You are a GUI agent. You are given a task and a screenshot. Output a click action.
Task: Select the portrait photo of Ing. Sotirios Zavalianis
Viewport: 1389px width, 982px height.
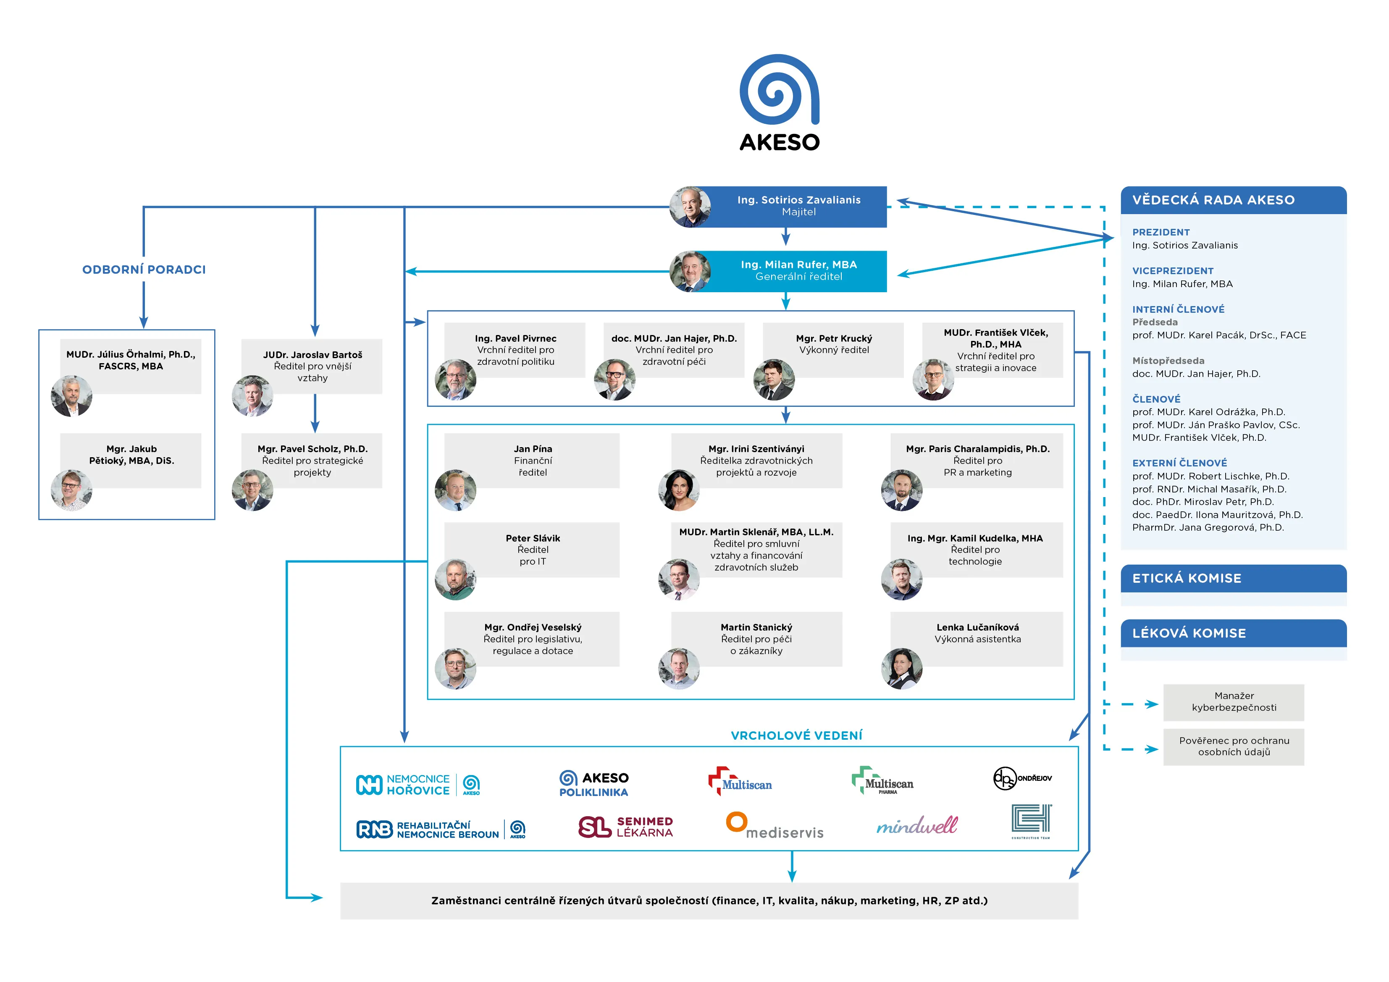pyautogui.click(x=690, y=207)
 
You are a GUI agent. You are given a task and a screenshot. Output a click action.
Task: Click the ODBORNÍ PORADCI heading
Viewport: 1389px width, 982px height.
pyautogui.click(x=144, y=270)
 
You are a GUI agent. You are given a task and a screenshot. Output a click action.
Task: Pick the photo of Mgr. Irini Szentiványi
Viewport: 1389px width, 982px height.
pyautogui.click(x=679, y=490)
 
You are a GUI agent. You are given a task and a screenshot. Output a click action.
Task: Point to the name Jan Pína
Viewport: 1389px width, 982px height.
pyautogui.click(x=533, y=449)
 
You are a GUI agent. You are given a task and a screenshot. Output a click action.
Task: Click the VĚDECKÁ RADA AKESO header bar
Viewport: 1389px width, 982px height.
pyautogui.click(x=1234, y=200)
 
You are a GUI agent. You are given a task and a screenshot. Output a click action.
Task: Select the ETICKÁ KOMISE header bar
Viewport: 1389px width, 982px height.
pyautogui.click(x=1234, y=578)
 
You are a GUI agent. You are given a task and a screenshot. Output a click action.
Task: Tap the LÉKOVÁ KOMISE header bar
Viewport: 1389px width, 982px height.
pyautogui.click(x=1234, y=633)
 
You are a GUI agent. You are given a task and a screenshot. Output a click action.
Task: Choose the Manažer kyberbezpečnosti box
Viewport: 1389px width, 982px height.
pyautogui.click(x=1234, y=702)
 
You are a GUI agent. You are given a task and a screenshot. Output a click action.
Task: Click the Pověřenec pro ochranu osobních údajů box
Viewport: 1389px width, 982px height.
pyautogui.click(x=1234, y=747)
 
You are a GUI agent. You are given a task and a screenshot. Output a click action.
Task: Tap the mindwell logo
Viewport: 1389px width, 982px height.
pyautogui.click(x=917, y=825)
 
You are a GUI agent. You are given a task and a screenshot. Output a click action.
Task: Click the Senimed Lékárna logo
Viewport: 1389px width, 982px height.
pyautogui.click(x=625, y=827)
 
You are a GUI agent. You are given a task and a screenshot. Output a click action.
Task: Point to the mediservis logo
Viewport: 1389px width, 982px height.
pyautogui.click(x=775, y=825)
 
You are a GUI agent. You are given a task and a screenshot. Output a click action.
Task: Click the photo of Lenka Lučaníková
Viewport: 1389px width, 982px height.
pyautogui.click(x=902, y=669)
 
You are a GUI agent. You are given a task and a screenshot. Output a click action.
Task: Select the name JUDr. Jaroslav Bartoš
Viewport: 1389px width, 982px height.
pyautogui.click(x=313, y=355)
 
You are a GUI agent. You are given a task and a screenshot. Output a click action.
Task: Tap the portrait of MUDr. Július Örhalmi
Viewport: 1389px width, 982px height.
pyautogui.click(x=72, y=396)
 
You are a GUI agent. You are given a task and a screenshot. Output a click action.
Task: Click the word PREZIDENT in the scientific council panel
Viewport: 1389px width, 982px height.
pyautogui.click(x=1161, y=232)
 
